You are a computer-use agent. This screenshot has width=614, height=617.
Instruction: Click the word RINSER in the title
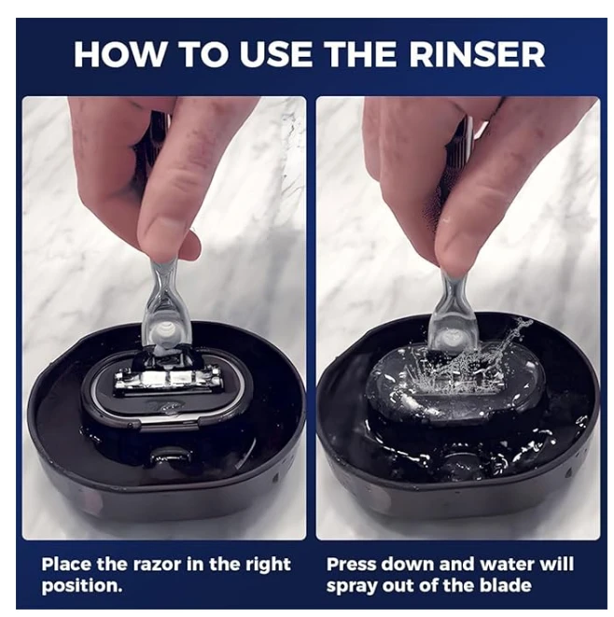[477, 54]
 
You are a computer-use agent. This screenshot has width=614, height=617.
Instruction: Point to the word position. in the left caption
[82, 586]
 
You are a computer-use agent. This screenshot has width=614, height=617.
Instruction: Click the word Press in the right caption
[352, 565]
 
